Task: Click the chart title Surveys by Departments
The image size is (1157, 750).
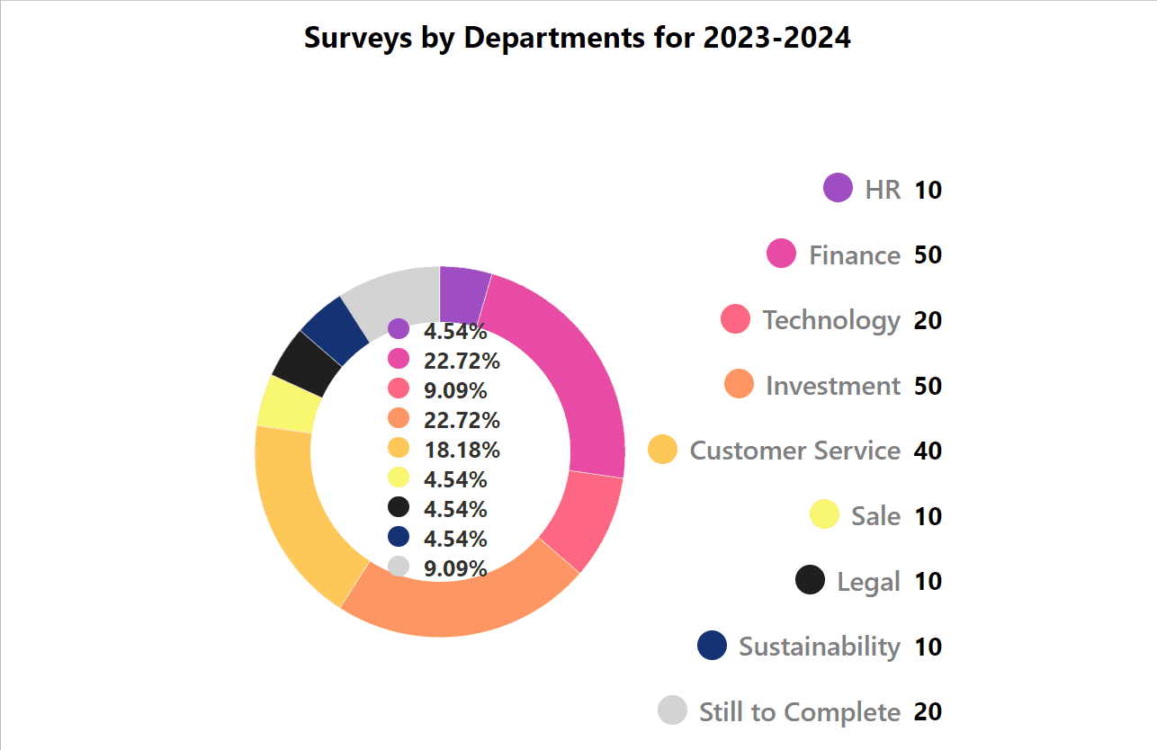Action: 577,39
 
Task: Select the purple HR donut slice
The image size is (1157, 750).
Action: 462,294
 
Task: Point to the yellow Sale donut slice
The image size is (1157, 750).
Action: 287,404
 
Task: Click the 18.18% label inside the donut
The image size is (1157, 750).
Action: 462,450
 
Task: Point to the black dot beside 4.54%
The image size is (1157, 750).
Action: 399,507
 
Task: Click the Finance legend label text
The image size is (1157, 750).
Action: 855,255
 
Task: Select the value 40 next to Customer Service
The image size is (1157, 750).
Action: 928,451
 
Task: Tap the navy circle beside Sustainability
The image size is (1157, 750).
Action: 712,646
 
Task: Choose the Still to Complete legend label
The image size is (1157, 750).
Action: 799,712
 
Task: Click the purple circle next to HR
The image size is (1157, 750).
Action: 838,189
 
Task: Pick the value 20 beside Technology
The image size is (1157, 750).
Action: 928,320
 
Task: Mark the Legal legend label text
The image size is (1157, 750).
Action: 868,582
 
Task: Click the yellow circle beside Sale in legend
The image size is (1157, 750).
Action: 824,514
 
